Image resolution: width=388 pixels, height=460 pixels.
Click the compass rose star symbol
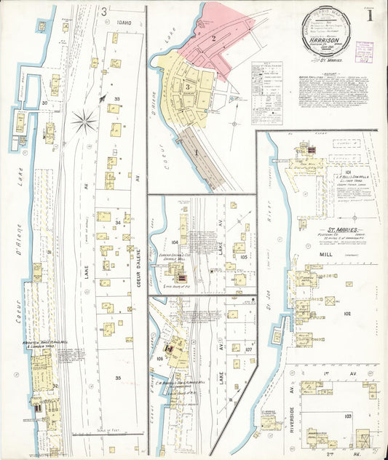pos(84,120)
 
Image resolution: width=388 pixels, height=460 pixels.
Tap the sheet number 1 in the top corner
pos(371,14)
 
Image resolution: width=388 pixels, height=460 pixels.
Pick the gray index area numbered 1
pos(196,154)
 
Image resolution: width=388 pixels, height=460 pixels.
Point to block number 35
pos(117,378)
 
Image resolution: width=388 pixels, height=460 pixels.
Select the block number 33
pos(116,98)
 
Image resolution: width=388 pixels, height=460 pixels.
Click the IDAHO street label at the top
pos(124,22)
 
